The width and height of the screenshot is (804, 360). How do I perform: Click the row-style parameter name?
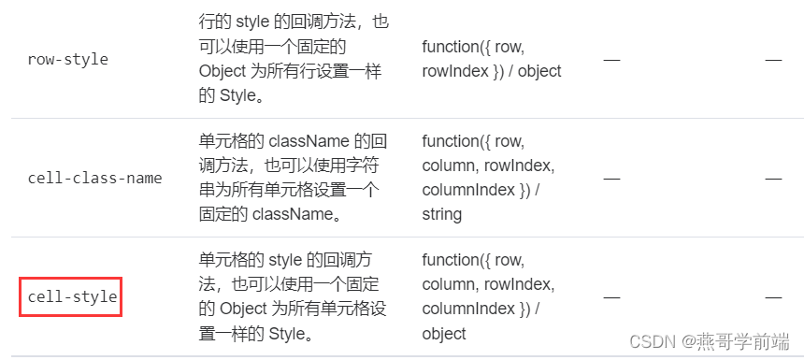click(68, 59)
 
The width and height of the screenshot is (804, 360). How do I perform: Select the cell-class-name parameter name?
click(94, 178)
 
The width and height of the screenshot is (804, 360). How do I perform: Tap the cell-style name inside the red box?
click(73, 296)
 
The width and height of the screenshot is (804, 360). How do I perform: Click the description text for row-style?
click(294, 58)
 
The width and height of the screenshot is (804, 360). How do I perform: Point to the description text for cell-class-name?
click(294, 177)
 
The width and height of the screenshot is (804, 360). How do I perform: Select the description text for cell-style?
click(294, 296)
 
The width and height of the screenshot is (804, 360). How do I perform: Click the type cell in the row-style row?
click(491, 58)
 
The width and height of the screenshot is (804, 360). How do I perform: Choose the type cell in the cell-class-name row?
click(489, 177)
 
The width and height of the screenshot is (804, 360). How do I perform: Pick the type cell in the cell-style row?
click(489, 296)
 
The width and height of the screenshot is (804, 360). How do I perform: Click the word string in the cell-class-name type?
click(442, 214)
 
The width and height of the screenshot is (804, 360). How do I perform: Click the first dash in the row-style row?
click(611, 59)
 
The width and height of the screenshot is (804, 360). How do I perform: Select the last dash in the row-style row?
click(773, 59)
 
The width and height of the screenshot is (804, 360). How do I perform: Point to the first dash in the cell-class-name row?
click(611, 178)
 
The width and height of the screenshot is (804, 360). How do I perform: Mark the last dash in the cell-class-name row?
click(773, 178)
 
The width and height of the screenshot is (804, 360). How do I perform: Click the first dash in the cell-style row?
click(611, 296)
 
